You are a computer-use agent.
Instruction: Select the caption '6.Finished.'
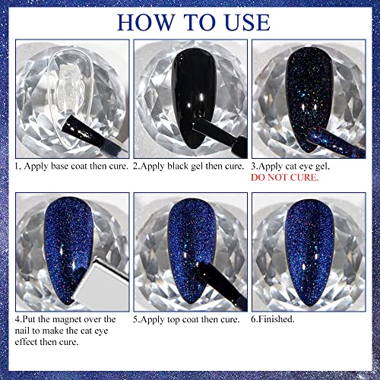(x=280, y=320)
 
